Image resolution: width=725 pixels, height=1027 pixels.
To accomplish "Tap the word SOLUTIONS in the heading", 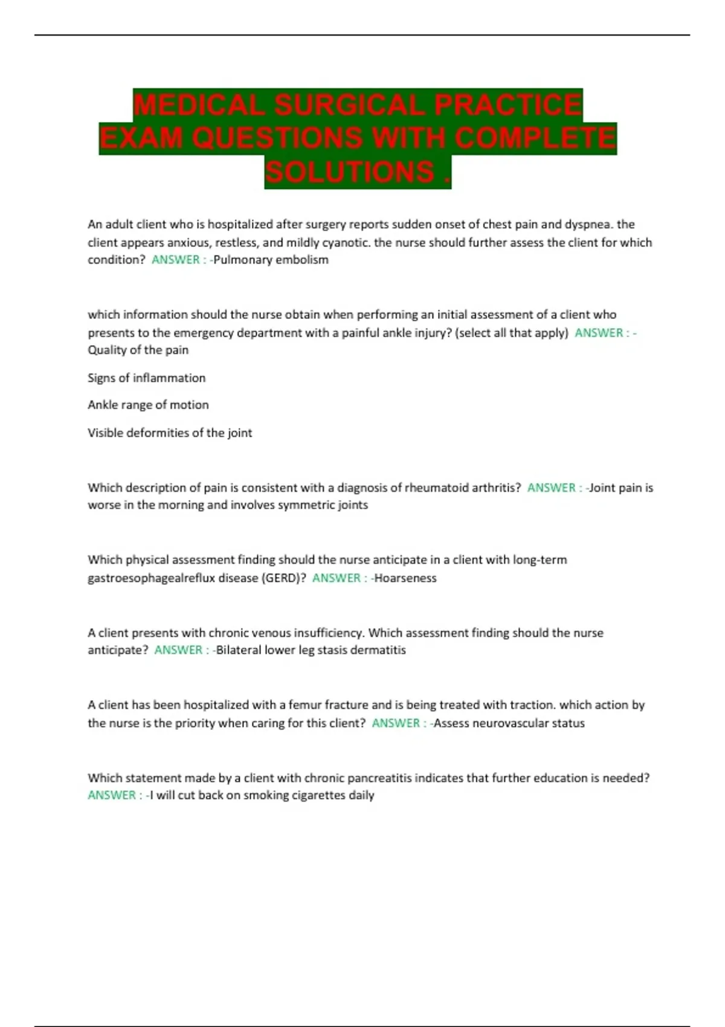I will click(x=350, y=172).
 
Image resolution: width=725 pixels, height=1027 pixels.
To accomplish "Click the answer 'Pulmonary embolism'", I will click(x=271, y=260).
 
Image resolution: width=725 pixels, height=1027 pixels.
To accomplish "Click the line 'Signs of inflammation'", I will click(x=146, y=378).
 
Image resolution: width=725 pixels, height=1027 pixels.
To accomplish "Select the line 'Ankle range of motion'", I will click(x=148, y=405).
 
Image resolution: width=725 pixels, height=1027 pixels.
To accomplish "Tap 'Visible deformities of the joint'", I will click(x=170, y=433).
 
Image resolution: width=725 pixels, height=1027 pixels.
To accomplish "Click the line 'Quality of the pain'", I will click(x=138, y=350).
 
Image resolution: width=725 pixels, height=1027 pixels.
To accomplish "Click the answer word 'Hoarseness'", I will click(x=405, y=578).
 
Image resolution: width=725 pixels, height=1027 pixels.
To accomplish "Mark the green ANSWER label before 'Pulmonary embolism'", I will click(x=175, y=260).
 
